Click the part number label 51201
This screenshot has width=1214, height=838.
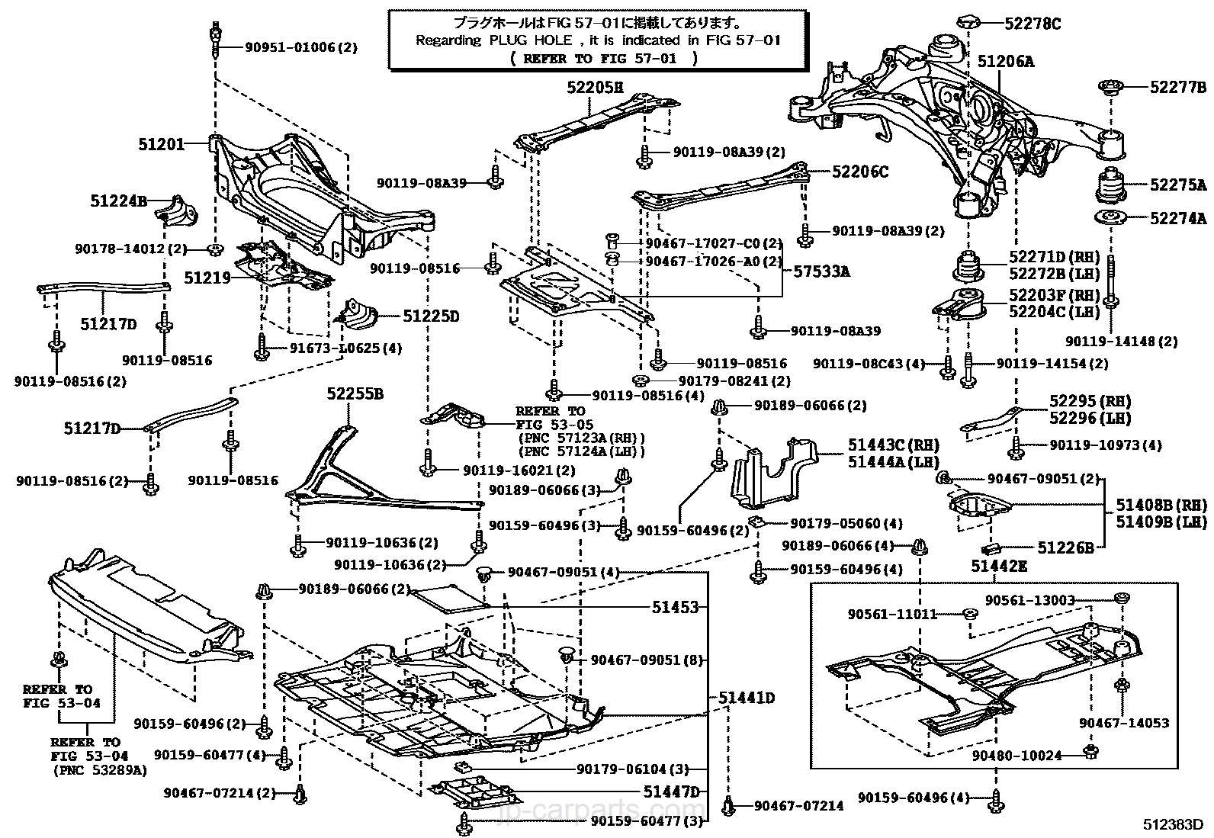(x=162, y=144)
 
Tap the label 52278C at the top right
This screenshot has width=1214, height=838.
(x=1033, y=24)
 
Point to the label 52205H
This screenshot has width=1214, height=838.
(x=595, y=87)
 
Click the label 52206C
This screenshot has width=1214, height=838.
(x=860, y=172)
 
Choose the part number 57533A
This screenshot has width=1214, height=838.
(x=821, y=271)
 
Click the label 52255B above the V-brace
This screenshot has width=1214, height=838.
(x=355, y=393)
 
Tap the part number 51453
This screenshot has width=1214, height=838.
(x=675, y=607)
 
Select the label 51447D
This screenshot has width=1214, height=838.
(x=672, y=792)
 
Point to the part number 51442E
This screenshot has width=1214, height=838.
(x=999, y=567)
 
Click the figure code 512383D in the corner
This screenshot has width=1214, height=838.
(x=1173, y=824)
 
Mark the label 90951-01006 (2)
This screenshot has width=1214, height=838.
(x=301, y=48)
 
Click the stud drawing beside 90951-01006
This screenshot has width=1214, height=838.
(x=216, y=40)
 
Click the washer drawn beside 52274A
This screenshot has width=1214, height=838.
(x=1110, y=217)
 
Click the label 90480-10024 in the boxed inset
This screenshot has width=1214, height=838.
(x=1016, y=756)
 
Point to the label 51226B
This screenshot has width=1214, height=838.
(x=1065, y=548)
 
